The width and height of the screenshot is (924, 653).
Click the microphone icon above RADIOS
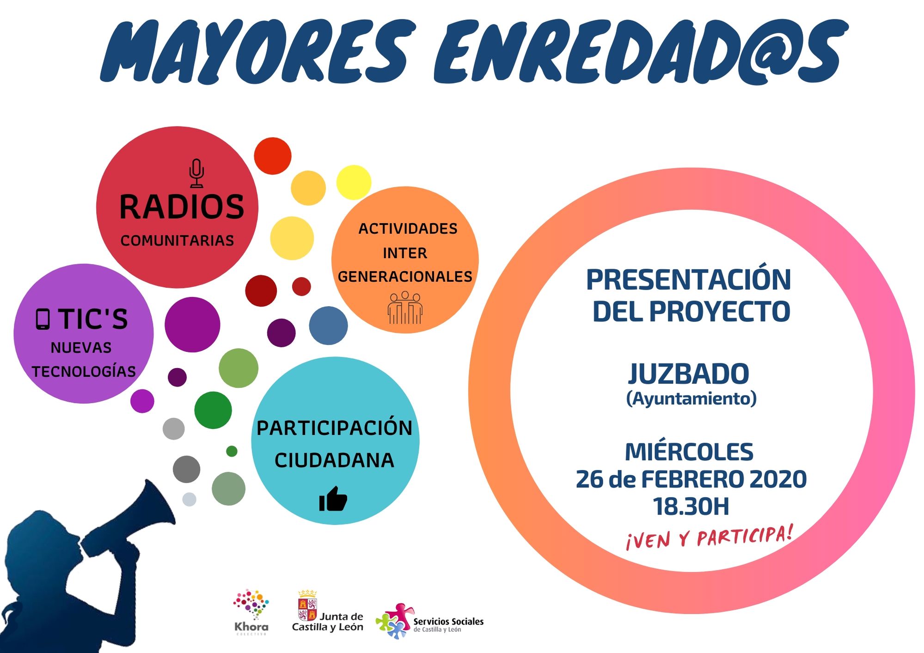pos(196,173)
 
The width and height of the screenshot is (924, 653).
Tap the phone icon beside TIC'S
pos(43,319)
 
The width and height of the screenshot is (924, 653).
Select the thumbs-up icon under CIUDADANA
pos(333,499)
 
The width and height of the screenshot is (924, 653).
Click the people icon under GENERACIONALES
pos(405,307)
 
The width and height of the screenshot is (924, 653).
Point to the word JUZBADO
pos(689,374)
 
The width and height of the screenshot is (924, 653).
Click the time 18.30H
pos(691,507)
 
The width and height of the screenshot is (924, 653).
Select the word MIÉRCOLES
pos(689,451)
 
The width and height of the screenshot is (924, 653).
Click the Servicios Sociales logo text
pos(448,625)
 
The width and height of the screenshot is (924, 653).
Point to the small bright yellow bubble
pos(354,182)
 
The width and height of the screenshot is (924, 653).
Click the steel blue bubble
pos(328,326)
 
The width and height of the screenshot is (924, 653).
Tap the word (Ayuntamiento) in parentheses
pos(691,399)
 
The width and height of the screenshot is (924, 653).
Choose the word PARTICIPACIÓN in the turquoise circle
pos(334,428)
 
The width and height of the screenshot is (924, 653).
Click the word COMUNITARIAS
pos(177,241)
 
